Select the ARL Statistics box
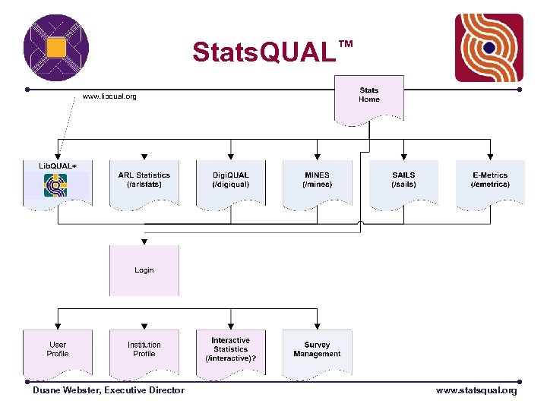click(144, 183)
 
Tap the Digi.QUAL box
click(230, 183)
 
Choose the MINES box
click(318, 183)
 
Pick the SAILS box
click(403, 183)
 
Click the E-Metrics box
click(490, 183)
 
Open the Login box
click(144, 270)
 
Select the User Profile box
click(58, 352)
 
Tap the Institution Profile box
click(144, 352)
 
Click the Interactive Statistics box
click(230, 352)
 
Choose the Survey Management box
click(318, 352)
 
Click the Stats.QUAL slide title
click(264, 52)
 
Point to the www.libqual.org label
click(109, 96)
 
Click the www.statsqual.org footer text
click(476, 390)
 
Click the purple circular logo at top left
click(56, 48)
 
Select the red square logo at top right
click(489, 48)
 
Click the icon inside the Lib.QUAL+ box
click(55, 184)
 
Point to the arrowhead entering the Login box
click(144, 241)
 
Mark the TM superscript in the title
click(345, 45)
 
